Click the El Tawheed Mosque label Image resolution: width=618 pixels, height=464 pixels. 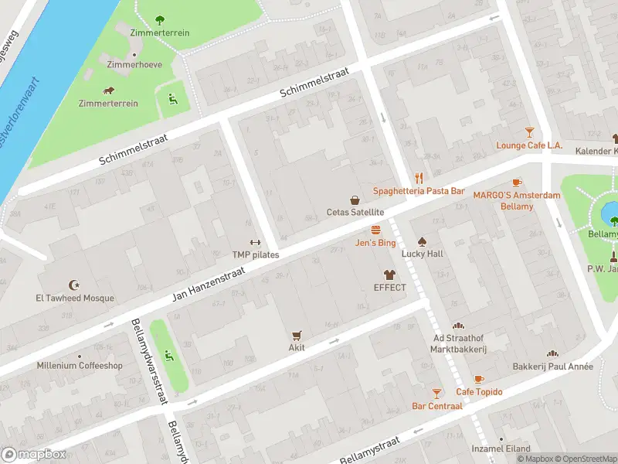(x=74, y=299)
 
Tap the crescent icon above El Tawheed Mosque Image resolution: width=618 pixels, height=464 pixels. (x=74, y=285)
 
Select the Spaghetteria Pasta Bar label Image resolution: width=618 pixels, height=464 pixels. (x=419, y=190)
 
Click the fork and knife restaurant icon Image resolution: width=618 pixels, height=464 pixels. (x=419, y=177)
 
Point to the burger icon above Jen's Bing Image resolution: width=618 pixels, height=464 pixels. (x=375, y=230)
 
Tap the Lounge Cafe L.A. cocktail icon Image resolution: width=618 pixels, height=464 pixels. (x=529, y=132)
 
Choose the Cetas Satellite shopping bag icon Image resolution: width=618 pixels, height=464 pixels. (x=355, y=200)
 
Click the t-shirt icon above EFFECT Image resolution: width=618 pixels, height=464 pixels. (x=389, y=275)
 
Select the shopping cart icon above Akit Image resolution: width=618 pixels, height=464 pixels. (x=297, y=335)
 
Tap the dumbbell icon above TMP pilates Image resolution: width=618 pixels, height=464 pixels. (x=256, y=242)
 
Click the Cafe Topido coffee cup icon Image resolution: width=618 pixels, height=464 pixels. (x=479, y=379)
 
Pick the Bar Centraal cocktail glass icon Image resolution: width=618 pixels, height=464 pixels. (x=437, y=393)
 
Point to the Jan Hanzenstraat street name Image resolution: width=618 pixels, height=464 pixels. (x=210, y=283)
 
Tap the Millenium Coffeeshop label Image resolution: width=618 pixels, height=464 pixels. (x=80, y=366)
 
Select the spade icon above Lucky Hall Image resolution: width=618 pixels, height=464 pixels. (x=422, y=241)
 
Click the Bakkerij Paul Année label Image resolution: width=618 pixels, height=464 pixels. (x=552, y=367)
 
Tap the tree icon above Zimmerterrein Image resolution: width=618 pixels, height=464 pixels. (x=160, y=20)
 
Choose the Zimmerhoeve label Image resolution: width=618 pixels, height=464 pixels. (x=134, y=65)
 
